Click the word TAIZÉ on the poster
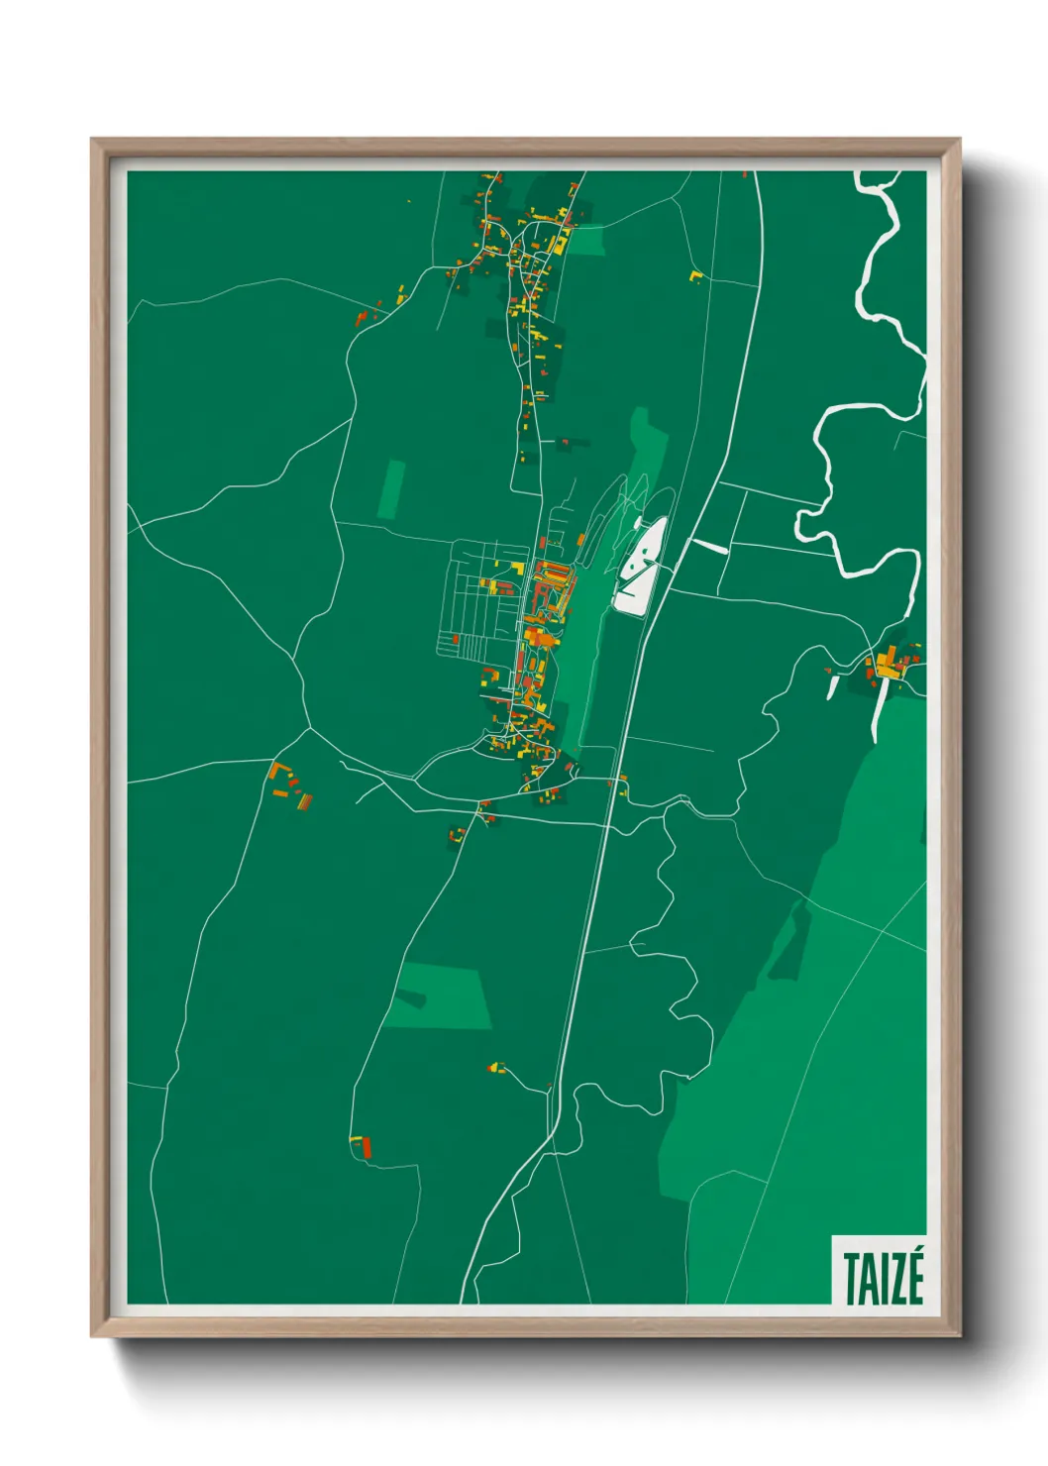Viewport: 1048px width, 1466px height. (x=883, y=1279)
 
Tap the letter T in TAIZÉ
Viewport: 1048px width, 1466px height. (x=851, y=1280)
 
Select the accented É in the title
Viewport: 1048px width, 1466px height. (x=913, y=1278)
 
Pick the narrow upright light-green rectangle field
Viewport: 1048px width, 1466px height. (x=392, y=489)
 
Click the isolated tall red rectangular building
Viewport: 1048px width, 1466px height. (x=366, y=1147)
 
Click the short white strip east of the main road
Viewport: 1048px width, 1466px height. (x=707, y=545)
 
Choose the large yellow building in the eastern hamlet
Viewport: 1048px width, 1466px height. (x=888, y=661)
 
